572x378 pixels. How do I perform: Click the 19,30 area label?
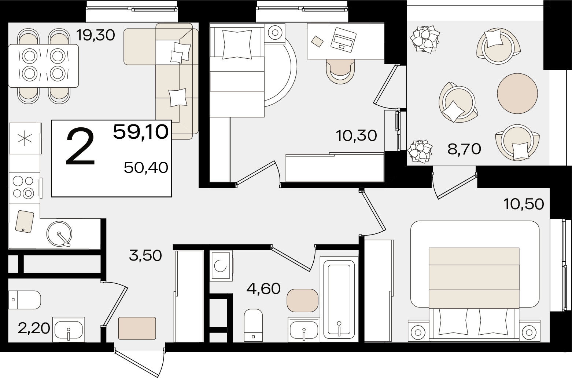coord(96,35)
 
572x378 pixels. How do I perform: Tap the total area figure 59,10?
coord(141,132)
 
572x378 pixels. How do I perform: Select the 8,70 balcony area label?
coord(465,149)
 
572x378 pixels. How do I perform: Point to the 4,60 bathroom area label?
coord(263,289)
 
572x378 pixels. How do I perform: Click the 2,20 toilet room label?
coord(34,328)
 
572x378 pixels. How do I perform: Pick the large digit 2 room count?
coord(81,147)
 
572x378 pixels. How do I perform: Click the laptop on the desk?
coord(343,40)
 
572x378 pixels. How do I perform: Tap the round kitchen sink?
coord(59,234)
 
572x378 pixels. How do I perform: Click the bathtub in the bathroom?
coord(339,299)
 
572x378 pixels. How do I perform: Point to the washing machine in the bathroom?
coord(221,266)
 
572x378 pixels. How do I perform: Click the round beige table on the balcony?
coord(517,94)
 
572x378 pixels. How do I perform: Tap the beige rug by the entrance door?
coord(137,328)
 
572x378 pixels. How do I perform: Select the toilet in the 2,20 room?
coord(25,300)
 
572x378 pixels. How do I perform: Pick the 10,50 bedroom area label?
coord(524,204)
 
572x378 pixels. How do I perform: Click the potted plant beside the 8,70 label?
coord(420,152)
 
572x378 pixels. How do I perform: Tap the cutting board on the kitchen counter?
coord(25,222)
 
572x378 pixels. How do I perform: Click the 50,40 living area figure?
coord(146,168)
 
